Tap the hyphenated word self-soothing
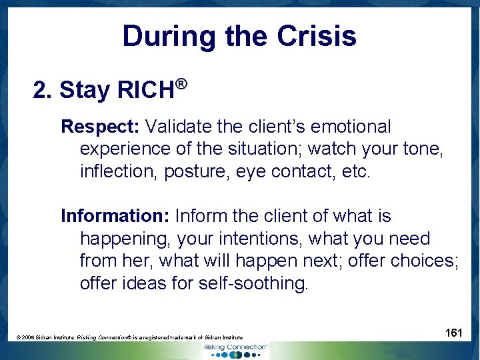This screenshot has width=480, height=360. click(x=253, y=283)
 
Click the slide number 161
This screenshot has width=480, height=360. click(x=453, y=333)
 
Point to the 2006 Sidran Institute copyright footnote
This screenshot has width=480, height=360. click(x=130, y=338)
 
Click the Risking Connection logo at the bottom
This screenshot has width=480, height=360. click(x=236, y=350)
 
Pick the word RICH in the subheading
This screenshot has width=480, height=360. click(x=145, y=90)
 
